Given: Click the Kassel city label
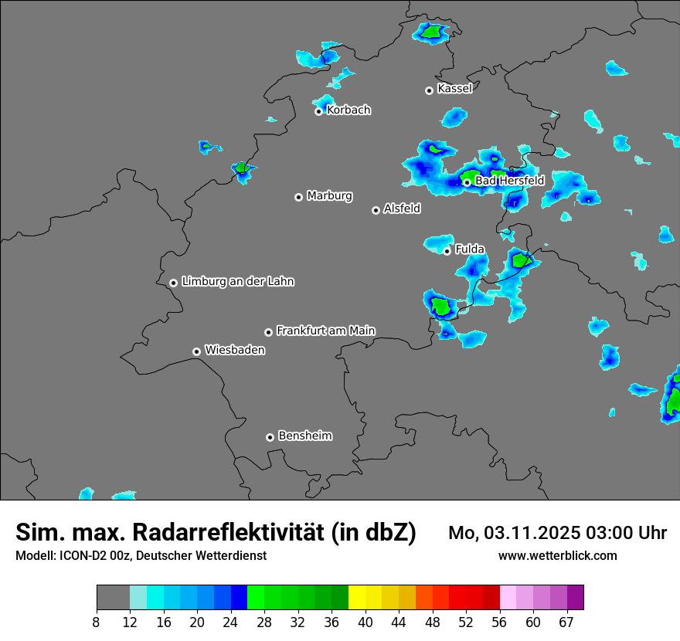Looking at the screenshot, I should [454, 89].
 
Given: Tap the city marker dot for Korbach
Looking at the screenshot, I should [318, 111].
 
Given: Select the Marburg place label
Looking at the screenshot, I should [329, 196].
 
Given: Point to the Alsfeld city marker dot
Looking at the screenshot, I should [376, 210].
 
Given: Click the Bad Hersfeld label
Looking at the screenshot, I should [509, 181].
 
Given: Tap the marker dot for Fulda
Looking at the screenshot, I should [447, 251].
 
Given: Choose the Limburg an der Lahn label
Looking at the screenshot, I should [237, 282].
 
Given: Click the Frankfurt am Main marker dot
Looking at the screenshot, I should [268, 332].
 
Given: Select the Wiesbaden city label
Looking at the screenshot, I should [234, 351].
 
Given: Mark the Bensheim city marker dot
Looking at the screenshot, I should [270, 437].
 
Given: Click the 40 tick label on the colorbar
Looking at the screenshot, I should [365, 622].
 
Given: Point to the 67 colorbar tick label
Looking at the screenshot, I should [566, 622].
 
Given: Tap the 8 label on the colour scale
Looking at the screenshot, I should [97, 622].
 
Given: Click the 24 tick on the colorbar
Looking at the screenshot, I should [230, 622].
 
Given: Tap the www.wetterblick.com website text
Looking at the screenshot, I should [557, 556].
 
